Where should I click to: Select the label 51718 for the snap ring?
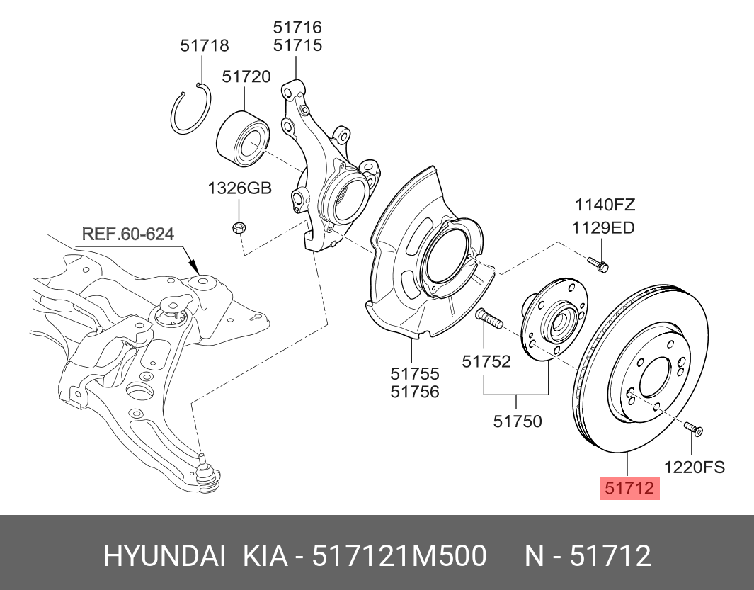coord(204,46)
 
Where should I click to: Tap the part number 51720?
coord(246,76)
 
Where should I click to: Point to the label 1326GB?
coord(239,188)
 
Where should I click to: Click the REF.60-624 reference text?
coord(128,234)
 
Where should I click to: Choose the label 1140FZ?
coord(604,205)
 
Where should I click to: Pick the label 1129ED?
coord(603,227)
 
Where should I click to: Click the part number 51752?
coord(486,361)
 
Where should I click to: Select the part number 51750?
coord(518,421)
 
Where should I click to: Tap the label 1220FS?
coord(694,467)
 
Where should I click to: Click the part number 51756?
coord(415,391)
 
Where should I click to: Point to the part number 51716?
coord(297,28)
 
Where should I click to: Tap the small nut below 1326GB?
coord(239,227)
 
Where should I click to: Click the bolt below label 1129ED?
coord(599,264)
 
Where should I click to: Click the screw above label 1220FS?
coord(692,429)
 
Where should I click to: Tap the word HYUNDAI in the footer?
coord(165,556)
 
